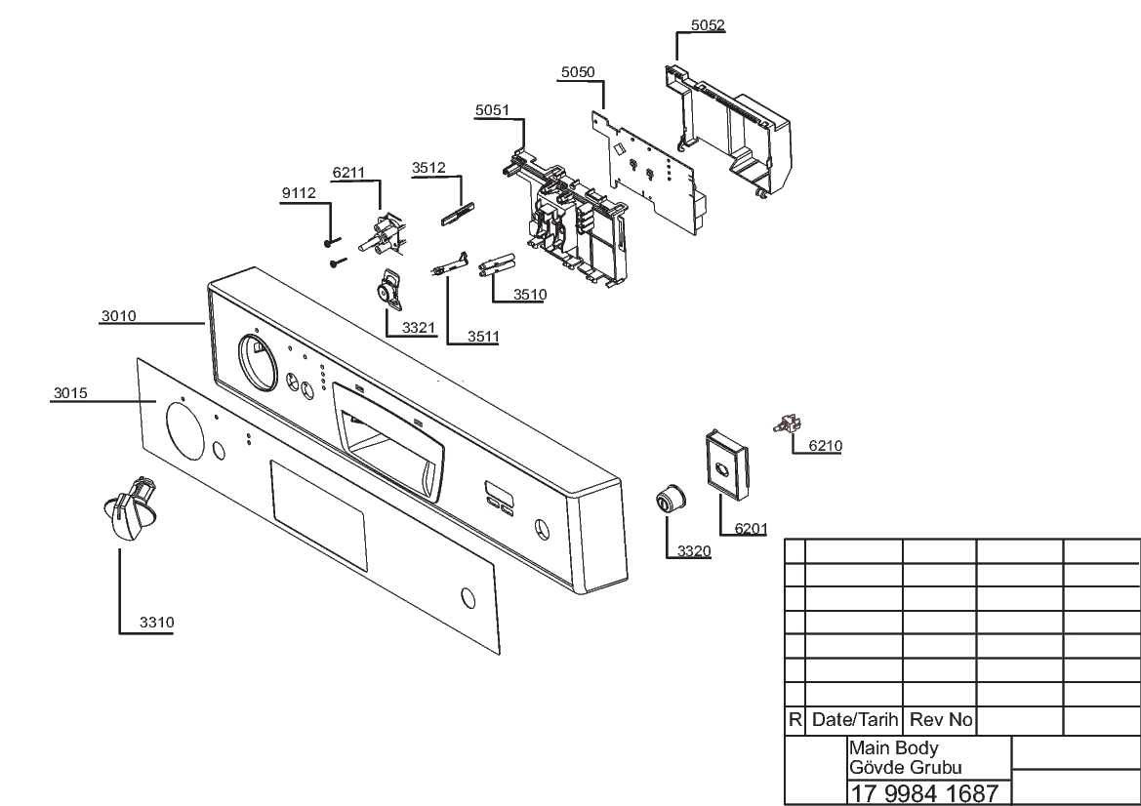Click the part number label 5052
[x=708, y=25]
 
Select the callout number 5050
[x=578, y=72]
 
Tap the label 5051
[x=492, y=110]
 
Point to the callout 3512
[x=428, y=168]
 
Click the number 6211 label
[x=348, y=173]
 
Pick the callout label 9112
[x=299, y=193]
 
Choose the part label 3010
[x=119, y=316]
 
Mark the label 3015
[x=70, y=393]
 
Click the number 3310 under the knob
[x=157, y=623]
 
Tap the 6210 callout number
[x=825, y=446]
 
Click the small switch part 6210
[x=785, y=423]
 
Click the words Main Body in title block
[x=894, y=747]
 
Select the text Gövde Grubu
[x=905, y=767]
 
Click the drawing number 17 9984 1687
[x=923, y=793]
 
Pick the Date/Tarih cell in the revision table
[x=854, y=720]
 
